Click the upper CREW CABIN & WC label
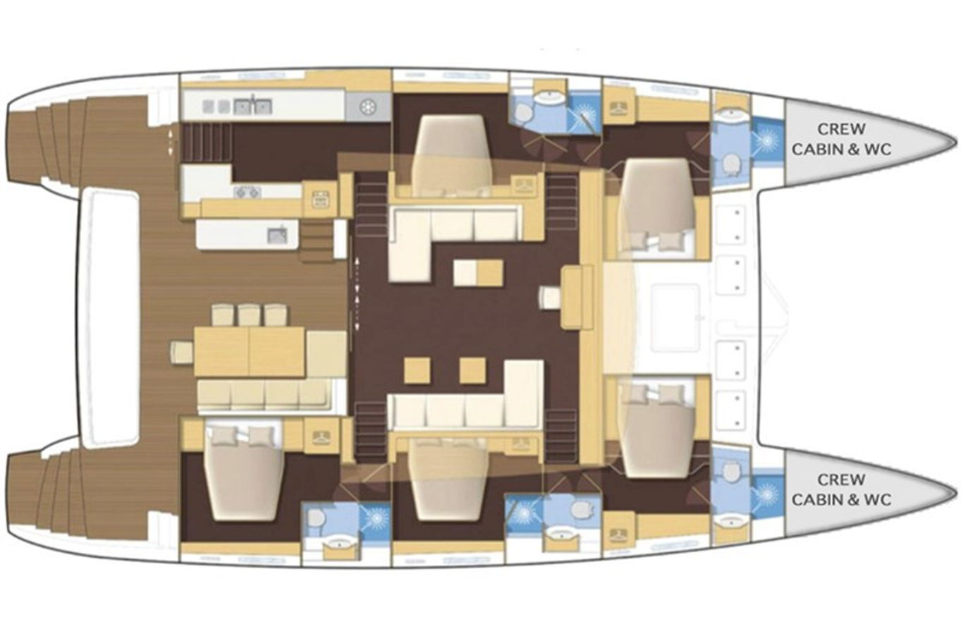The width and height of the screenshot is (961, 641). click(x=841, y=139)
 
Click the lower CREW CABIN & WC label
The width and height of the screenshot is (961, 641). click(x=841, y=489)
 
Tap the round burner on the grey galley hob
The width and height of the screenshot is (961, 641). click(x=368, y=107)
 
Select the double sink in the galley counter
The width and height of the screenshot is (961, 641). click(x=252, y=106)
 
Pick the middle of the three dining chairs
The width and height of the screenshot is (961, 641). click(x=250, y=315)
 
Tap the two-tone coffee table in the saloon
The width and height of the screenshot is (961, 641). click(x=478, y=273)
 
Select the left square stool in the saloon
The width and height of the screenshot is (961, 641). click(x=417, y=371)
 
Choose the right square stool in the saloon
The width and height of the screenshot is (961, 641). click(x=473, y=371)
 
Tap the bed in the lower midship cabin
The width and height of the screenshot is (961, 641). click(x=448, y=480)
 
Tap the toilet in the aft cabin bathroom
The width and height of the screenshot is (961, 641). click(x=315, y=521)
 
